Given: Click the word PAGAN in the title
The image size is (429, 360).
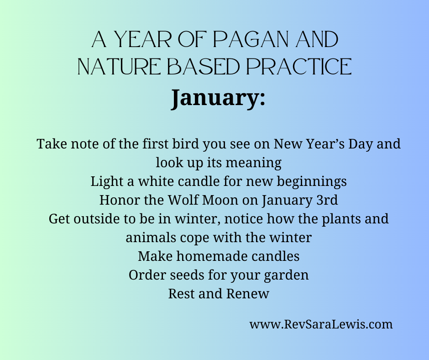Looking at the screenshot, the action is [x=251, y=39].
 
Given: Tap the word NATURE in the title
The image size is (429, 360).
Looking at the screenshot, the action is [x=119, y=67].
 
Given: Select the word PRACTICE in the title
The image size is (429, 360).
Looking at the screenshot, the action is [x=299, y=67].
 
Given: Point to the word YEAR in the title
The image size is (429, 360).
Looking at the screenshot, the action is [x=142, y=39].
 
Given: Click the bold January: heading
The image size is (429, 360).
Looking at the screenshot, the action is [x=218, y=98].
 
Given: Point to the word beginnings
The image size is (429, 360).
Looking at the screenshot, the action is [x=312, y=182].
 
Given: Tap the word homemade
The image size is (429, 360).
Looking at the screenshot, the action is [x=212, y=256].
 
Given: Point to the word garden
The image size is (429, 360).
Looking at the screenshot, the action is [x=286, y=275].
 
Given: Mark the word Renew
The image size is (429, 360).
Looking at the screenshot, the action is [x=248, y=294].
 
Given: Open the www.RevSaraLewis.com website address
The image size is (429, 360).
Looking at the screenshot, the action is [x=321, y=324].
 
